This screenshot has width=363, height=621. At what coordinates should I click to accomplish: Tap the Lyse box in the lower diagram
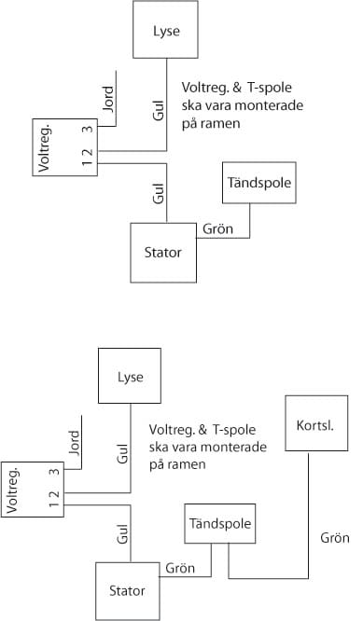pyautogui.click(x=131, y=379)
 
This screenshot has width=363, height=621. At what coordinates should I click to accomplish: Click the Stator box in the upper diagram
pyautogui.click(x=164, y=252)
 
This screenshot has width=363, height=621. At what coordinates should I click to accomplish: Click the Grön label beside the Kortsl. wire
pyautogui.click(x=334, y=538)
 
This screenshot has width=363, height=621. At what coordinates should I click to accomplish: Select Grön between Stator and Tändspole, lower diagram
pyautogui.click(x=179, y=567)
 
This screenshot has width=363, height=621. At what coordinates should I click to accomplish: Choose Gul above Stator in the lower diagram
pyautogui.click(x=121, y=534)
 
